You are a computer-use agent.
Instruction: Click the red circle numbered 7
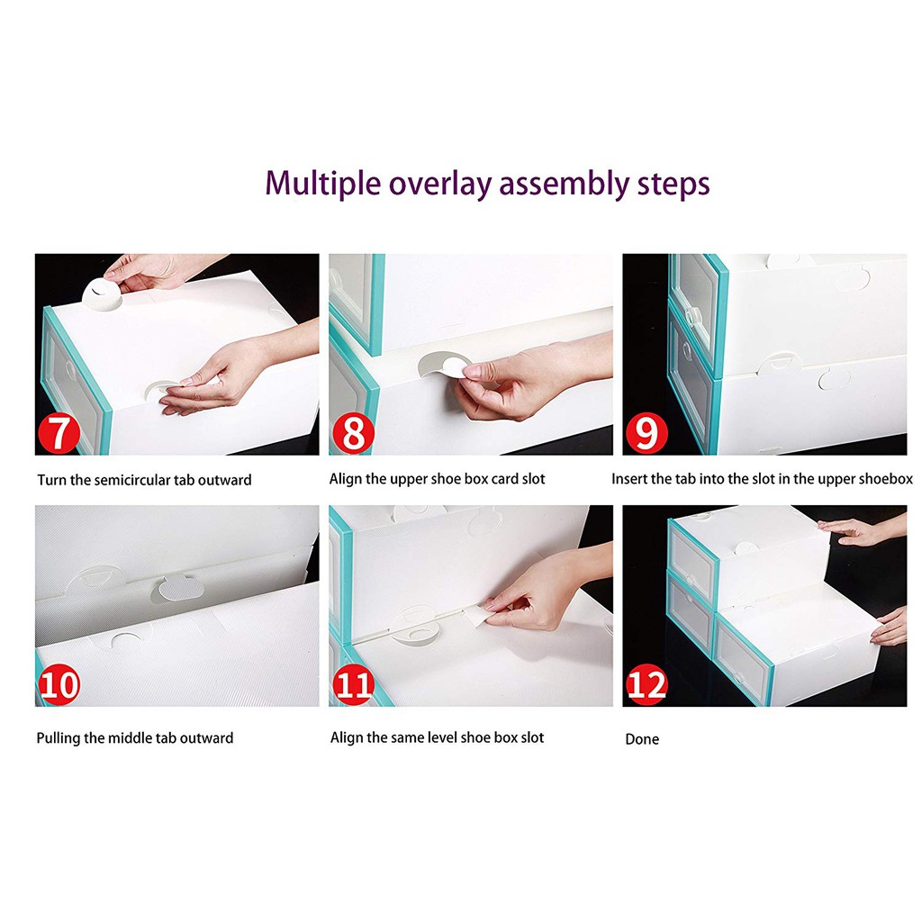point(59,433)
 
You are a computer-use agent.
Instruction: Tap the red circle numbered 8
point(353,433)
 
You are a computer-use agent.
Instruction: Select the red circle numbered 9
point(646,433)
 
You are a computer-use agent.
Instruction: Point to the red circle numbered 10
point(59,684)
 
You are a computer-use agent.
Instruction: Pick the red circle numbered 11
point(353,684)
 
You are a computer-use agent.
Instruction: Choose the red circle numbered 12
point(646,684)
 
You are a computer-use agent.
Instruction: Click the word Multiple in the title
point(323,184)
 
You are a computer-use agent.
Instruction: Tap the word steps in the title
point(673,185)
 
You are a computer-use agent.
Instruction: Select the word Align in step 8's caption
point(345,479)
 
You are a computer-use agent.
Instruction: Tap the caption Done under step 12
point(642,739)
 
